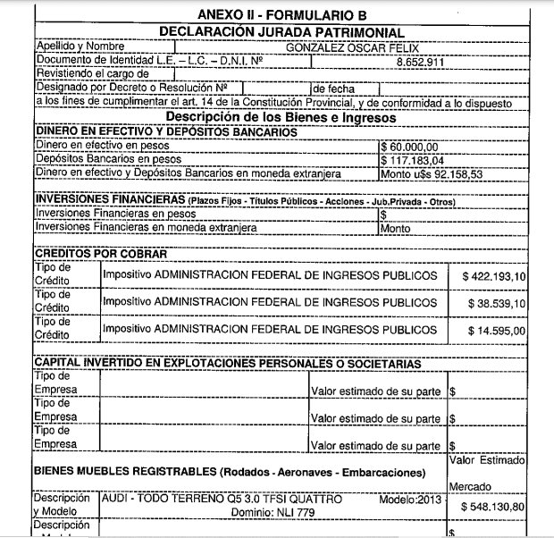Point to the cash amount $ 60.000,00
(409, 146)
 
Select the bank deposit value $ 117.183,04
(412, 159)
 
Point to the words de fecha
(333, 88)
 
